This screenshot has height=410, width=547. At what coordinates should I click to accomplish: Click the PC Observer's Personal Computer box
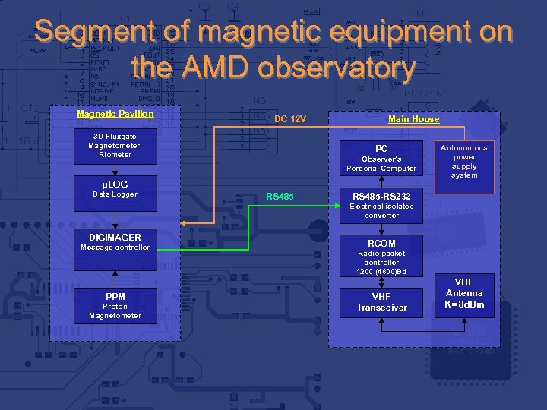(381, 158)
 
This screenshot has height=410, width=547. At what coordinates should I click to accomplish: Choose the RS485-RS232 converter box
(381, 205)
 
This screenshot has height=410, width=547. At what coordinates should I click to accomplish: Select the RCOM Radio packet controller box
(381, 257)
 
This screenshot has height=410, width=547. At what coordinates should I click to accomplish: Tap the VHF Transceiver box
(381, 302)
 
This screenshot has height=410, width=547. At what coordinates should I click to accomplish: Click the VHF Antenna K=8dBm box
(463, 293)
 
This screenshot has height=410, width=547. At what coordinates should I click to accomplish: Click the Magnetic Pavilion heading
(115, 114)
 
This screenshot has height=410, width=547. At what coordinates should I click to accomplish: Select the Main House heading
(413, 118)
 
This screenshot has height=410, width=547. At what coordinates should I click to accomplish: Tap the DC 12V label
(290, 119)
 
